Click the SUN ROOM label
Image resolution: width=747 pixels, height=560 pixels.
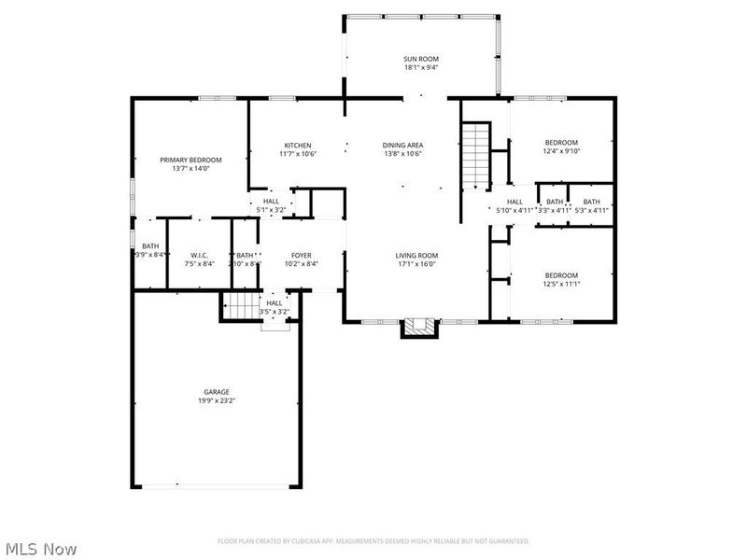coord(421,58)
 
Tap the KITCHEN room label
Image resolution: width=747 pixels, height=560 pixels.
coord(298,145)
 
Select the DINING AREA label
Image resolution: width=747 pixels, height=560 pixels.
coord(402,145)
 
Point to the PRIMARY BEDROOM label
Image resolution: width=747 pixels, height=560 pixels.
coord(184,160)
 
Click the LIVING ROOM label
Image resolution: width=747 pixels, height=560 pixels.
coord(416,255)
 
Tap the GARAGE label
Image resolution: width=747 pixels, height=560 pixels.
coord(217,392)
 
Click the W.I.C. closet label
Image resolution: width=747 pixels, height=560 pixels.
coord(199,255)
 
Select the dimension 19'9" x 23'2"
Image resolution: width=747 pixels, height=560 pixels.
coord(217,401)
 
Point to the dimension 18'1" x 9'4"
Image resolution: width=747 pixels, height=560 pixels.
coord(421,67)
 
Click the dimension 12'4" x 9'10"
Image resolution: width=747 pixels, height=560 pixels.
coord(562,150)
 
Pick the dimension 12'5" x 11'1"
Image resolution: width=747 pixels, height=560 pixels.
coord(562,284)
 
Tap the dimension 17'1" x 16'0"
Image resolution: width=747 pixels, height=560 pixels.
coord(416,264)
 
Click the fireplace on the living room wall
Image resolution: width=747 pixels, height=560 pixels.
coord(418,327)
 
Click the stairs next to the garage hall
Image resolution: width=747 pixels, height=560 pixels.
coord(242,305)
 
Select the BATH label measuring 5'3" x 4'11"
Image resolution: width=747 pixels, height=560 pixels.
coord(592,202)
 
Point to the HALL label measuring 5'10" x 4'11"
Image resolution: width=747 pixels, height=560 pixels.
coord(514,202)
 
